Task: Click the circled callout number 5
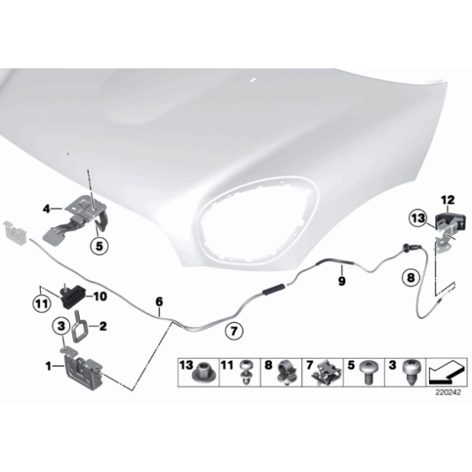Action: click(x=99, y=247)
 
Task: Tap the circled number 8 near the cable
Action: click(x=411, y=278)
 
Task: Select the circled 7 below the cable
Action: click(x=234, y=331)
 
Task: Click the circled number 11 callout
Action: click(x=42, y=304)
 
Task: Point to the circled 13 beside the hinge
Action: click(x=418, y=218)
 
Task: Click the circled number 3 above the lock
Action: click(x=61, y=326)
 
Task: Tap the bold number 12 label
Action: click(x=448, y=200)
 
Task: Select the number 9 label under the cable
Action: click(x=342, y=281)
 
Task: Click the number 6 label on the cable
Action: click(x=160, y=302)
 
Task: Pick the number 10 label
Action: click(x=100, y=296)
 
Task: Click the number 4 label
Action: click(x=46, y=208)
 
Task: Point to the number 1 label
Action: click(x=48, y=366)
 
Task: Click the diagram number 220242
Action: click(x=448, y=392)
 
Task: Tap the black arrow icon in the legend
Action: click(x=446, y=373)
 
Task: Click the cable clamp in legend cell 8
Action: click(x=286, y=373)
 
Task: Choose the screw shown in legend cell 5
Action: click(x=369, y=372)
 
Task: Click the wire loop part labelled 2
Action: click(x=79, y=326)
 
